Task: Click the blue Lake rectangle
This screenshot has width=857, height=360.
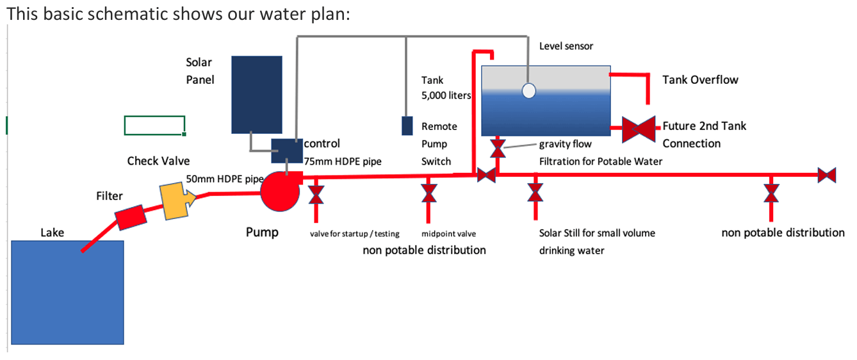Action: (67, 292)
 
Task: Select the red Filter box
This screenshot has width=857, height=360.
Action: (131, 217)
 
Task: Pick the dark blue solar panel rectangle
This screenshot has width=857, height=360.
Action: (257, 95)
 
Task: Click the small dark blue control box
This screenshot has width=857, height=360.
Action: (286, 150)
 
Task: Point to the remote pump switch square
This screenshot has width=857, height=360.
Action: (407, 126)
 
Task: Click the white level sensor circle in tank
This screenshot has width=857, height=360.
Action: (528, 91)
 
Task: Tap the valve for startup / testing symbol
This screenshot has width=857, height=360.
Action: (316, 193)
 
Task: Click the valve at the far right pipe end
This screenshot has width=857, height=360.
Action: (827, 174)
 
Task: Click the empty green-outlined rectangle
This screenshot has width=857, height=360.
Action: (154, 126)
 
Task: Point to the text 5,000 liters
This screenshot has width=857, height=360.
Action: (446, 95)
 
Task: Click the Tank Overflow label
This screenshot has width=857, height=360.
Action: (700, 80)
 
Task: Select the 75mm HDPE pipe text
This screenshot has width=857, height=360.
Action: (343, 161)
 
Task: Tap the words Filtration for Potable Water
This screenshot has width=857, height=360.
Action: (600, 161)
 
